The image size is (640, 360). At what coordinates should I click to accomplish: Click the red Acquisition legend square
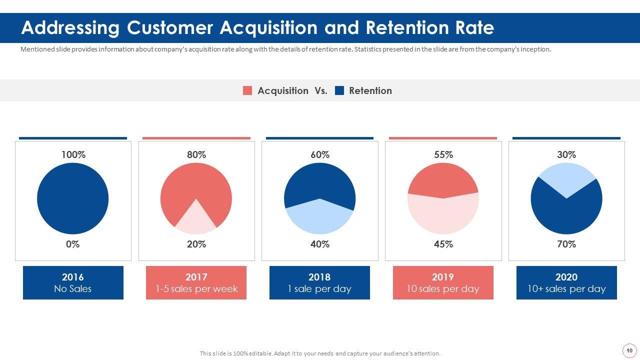point(247,90)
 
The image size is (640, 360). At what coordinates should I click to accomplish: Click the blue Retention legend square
point(339,90)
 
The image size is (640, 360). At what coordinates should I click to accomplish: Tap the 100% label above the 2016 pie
point(73,155)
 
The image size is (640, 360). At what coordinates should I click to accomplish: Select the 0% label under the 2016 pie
point(72,244)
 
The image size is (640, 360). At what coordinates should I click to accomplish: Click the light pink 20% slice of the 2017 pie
point(196,220)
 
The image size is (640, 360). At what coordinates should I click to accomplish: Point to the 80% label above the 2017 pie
point(196,155)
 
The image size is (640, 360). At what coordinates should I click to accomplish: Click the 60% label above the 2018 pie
point(320,155)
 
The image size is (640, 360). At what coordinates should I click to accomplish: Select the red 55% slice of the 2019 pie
point(443,179)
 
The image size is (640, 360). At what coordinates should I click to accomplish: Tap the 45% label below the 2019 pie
point(443,244)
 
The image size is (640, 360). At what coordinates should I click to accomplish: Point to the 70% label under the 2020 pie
point(566,244)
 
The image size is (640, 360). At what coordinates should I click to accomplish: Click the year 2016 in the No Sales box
point(72,277)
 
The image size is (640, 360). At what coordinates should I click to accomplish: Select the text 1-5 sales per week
point(196,289)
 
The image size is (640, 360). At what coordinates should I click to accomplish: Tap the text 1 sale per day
point(319,289)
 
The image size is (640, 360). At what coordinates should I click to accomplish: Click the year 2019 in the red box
point(443,277)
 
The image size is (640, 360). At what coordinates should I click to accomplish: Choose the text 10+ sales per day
point(566,289)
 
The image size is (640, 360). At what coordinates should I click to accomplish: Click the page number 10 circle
point(629,350)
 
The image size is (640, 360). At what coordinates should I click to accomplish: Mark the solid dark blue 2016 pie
point(72,198)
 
